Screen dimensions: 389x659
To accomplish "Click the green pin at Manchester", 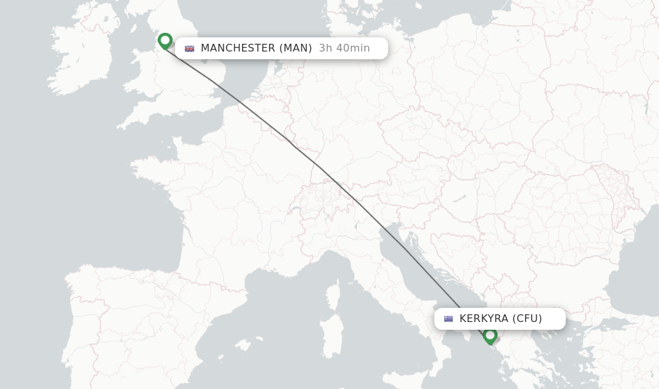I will pos(165,41).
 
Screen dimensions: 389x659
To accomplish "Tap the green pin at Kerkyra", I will pos(490,335).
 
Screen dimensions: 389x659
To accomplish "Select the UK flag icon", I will pos(189,48).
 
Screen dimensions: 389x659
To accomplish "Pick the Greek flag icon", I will pos(449,319).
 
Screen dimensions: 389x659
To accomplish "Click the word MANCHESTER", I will pos(238,48).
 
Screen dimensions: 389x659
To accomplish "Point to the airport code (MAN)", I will pos(295,48).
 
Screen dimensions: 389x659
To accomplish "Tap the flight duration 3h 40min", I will pos(344,48).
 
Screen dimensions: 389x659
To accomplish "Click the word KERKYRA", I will pos(484,319).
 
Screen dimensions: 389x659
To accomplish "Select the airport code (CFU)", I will pos(527,319).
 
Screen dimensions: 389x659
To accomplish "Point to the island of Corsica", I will pos(333,293).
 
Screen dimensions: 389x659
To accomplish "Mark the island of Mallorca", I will pos(243,346).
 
